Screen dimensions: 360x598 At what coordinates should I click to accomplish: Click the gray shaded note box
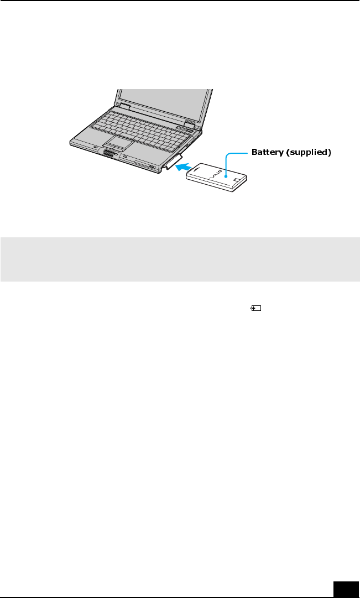pyautogui.click(x=180, y=259)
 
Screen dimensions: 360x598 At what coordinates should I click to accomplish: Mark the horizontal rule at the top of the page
pyautogui.click(x=180, y=1)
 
